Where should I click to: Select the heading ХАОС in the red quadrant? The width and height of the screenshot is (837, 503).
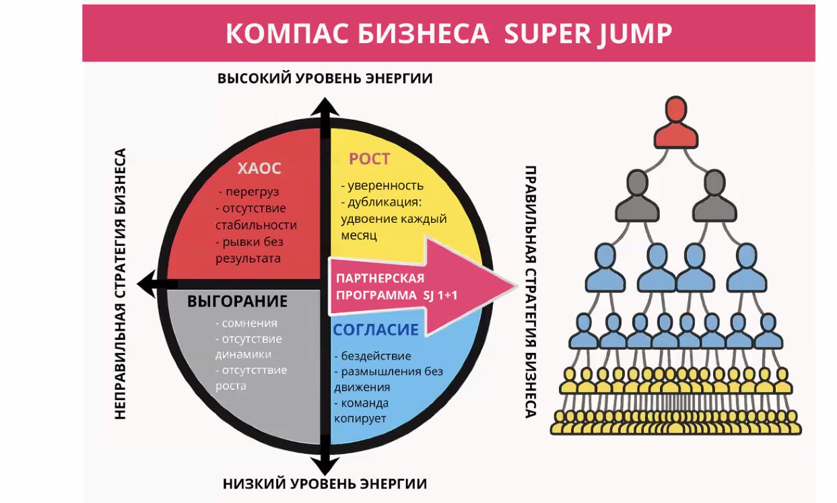259,168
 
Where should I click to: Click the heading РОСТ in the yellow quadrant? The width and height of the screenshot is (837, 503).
370,159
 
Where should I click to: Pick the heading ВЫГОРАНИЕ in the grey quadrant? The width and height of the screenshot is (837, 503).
237,301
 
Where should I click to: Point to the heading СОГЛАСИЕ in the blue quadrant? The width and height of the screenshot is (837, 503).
376,329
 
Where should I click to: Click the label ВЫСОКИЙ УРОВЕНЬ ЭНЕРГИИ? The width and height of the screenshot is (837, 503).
325,79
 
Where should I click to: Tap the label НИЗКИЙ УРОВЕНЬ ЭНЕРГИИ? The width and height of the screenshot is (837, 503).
325,484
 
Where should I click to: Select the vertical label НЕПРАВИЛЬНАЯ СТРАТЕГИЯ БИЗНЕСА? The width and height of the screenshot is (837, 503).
121,284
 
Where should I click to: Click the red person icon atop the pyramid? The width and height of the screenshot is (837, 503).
676,123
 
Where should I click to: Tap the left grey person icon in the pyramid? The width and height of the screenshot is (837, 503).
638,195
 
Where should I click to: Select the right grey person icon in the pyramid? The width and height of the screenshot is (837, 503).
714,195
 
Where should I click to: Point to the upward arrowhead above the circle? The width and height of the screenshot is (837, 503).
325,106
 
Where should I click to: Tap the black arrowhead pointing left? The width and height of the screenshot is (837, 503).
147,283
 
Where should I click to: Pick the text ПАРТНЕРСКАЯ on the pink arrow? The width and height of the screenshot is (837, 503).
380,278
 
